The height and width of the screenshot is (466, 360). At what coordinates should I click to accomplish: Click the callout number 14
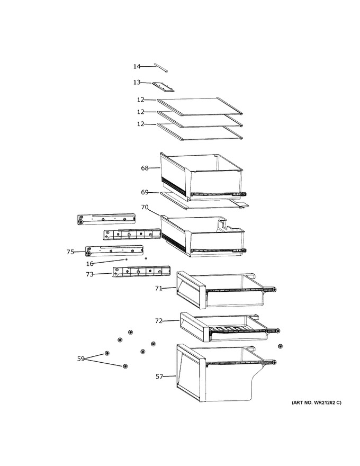click(137, 66)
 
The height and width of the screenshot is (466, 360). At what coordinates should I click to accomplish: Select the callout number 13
click(137, 82)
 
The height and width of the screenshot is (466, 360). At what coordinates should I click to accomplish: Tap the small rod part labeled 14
click(161, 67)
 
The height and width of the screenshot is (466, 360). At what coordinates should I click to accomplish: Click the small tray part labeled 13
click(163, 86)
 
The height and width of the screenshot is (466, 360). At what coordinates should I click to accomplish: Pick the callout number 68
click(145, 168)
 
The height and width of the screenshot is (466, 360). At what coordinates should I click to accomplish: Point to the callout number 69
click(145, 192)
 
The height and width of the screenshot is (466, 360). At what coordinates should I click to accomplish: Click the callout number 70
click(145, 207)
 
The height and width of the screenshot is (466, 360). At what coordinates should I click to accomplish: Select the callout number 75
click(70, 252)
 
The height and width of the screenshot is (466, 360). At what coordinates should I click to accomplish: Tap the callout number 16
click(89, 264)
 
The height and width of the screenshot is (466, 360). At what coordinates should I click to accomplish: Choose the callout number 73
click(89, 274)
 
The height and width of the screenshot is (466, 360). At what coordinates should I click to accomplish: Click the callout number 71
click(159, 288)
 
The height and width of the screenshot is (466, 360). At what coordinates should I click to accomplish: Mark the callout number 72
click(159, 321)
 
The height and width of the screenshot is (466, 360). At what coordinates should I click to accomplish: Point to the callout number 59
click(81, 359)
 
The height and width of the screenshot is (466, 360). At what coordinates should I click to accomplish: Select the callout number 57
click(159, 377)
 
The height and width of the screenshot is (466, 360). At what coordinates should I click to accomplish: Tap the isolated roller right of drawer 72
click(280, 346)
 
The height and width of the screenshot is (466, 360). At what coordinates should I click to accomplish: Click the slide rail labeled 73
click(141, 272)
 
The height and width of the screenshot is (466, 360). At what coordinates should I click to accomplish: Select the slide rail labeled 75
click(114, 250)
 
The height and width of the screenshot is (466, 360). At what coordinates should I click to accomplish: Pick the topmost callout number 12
click(141, 100)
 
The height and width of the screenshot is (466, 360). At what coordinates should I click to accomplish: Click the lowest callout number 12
click(141, 124)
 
